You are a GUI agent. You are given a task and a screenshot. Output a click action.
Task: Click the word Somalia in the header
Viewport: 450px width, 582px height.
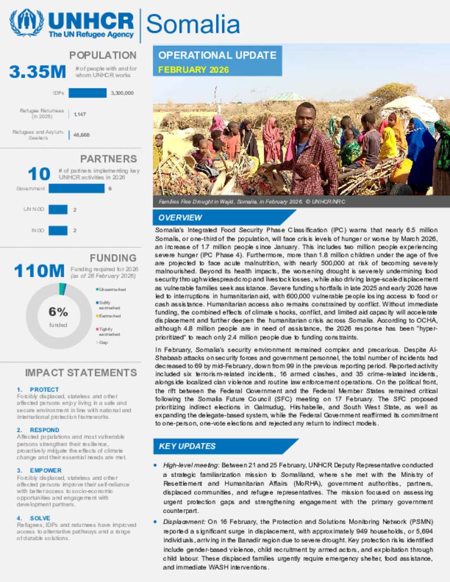[x=193, y=24]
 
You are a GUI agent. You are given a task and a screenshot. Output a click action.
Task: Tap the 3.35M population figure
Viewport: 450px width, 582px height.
[x=38, y=72]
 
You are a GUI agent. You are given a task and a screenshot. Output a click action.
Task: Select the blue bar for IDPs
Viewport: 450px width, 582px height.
[x=87, y=93]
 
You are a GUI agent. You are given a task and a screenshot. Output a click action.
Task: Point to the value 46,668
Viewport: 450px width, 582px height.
[x=81, y=135]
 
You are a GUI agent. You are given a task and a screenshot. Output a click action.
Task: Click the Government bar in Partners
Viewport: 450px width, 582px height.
[x=76, y=188]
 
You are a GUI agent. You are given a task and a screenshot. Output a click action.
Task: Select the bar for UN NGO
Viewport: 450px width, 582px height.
[x=58, y=210]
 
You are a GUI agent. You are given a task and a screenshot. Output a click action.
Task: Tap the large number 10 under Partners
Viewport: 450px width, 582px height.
[x=39, y=174]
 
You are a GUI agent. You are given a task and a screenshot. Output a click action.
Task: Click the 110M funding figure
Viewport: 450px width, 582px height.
[x=39, y=271]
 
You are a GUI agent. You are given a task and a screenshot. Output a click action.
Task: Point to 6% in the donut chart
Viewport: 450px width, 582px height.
[x=58, y=312]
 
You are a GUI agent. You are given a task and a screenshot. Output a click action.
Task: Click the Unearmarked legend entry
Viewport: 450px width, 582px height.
[x=112, y=289]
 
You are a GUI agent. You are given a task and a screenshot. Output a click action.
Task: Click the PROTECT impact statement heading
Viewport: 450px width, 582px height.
[x=44, y=390]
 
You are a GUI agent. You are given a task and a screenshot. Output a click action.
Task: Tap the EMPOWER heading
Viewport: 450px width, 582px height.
[x=46, y=470]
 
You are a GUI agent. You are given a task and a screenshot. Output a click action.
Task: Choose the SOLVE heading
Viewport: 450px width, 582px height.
[x=40, y=518]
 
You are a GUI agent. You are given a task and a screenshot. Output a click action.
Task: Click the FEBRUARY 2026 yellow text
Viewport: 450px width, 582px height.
[x=193, y=70]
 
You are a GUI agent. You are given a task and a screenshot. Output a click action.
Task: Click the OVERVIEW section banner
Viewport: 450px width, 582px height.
[x=180, y=218]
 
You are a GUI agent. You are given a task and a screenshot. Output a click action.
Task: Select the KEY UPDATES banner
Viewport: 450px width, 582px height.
[x=187, y=446]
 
